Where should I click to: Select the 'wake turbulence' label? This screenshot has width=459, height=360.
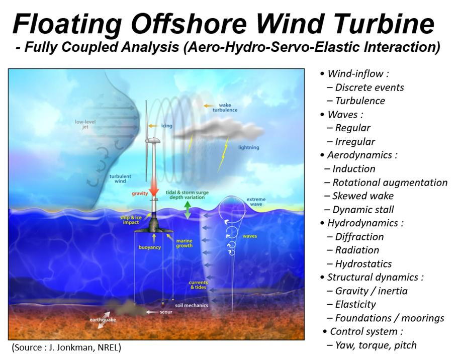click(x=225, y=108)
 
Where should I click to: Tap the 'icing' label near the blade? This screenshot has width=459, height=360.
click(x=166, y=126)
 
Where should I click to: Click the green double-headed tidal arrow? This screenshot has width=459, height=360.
click(x=188, y=210)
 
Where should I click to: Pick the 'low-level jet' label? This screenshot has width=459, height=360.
click(x=85, y=124)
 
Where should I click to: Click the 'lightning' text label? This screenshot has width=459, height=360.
click(x=248, y=147)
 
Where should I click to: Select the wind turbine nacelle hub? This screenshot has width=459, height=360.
click(x=152, y=140)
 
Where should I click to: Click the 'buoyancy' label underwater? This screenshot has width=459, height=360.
click(x=150, y=247)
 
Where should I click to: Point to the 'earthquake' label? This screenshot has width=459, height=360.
click(x=103, y=320)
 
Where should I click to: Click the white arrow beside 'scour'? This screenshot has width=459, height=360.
click(x=152, y=312)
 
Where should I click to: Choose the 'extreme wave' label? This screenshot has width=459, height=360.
click(x=256, y=202)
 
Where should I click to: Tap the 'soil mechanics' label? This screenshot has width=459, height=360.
click(x=192, y=305)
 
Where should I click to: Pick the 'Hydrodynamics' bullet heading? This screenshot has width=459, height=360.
click(x=362, y=223)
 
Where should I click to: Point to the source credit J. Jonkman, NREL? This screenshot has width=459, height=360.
click(x=66, y=347)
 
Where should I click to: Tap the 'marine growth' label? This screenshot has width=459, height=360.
click(x=184, y=243)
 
